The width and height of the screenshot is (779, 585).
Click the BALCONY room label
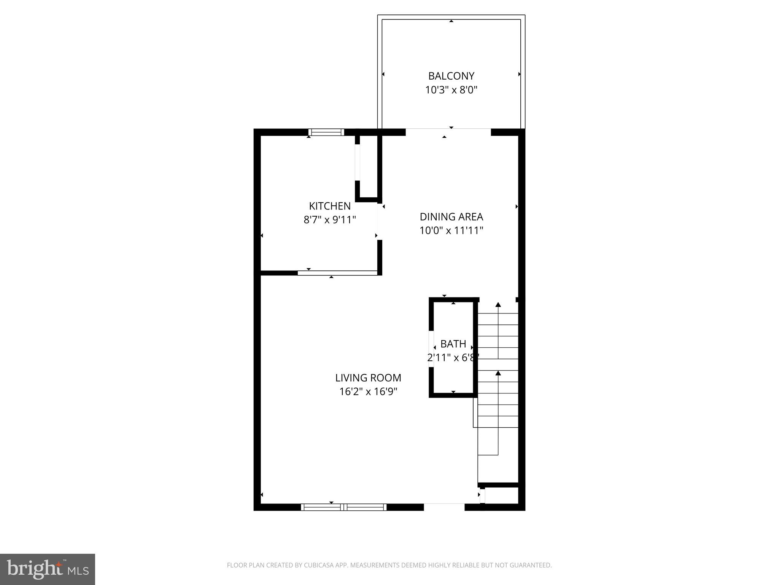[451, 76]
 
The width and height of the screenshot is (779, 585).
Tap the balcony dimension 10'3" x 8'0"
[451, 90]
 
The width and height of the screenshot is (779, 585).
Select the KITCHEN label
[329, 206]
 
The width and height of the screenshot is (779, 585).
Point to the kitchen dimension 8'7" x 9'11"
[329, 220]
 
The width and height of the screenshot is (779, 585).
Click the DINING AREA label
[451, 217]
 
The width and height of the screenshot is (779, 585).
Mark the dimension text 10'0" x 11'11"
[451, 231]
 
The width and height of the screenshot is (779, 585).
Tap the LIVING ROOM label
[368, 378]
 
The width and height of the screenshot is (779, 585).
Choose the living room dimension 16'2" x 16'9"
[368, 392]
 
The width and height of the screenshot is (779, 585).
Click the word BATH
[453, 344]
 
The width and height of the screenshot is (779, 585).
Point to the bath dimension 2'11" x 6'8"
[453, 358]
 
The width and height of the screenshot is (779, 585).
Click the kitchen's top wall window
[326, 132]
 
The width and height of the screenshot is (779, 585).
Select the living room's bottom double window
[343, 507]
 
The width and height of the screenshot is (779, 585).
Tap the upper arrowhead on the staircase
[498, 304]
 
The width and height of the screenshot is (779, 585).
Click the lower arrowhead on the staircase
[498, 373]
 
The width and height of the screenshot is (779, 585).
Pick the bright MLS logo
[48, 569]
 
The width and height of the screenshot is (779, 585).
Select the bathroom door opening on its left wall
[431, 349]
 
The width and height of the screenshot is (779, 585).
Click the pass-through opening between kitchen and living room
[337, 273]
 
